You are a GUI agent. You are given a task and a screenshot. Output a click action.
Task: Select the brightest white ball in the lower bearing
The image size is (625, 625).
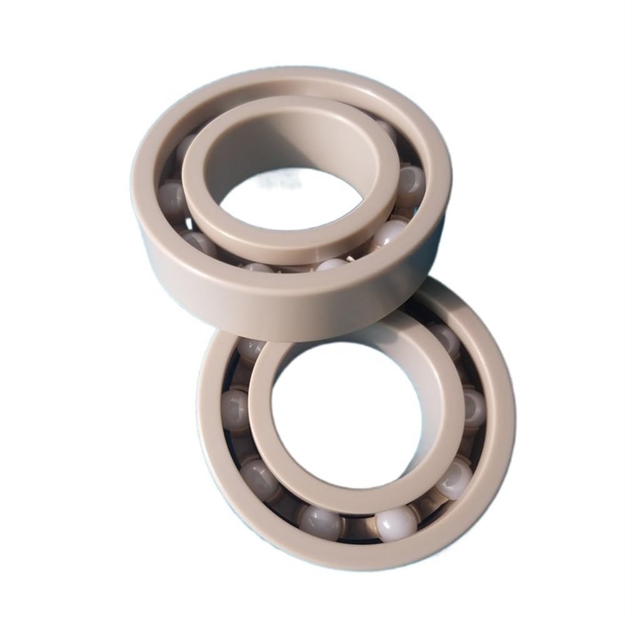click(396, 522)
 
